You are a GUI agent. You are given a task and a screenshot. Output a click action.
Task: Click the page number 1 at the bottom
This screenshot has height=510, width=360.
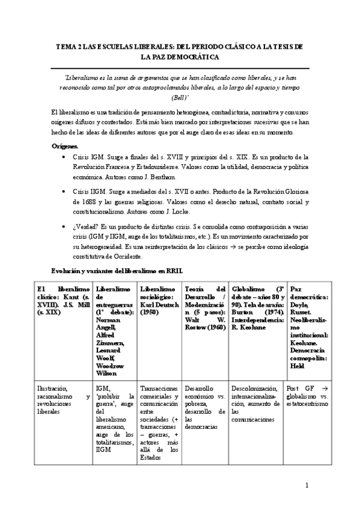[307, 485]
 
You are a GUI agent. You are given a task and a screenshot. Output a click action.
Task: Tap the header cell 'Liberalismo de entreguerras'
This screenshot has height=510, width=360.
[114, 330]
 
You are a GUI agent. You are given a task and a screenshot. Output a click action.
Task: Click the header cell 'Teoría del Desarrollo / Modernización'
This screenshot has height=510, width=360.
[204, 309]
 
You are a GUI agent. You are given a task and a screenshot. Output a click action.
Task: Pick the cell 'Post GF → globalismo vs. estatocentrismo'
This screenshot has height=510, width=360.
[308, 392]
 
